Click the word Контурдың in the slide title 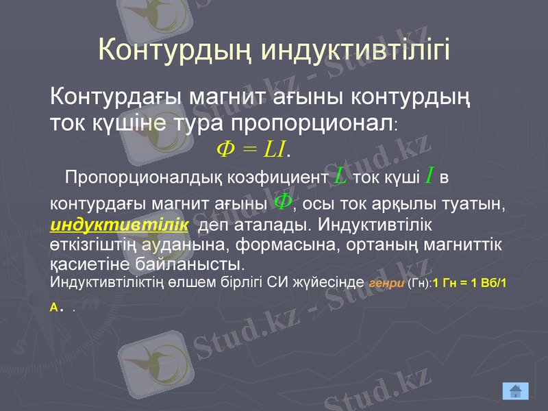tap(176, 50)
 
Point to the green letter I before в tap(428, 177)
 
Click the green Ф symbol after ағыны tap(282, 201)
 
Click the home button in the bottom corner tap(515, 390)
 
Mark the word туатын tap(480, 204)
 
